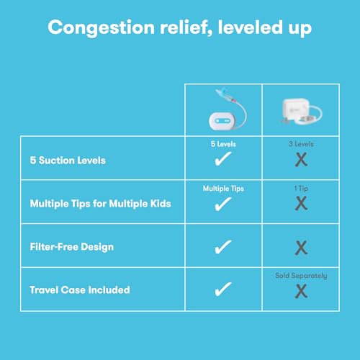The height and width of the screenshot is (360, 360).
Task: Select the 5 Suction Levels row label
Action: (x=68, y=160)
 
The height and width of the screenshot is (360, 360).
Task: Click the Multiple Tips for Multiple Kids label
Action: (x=99, y=204)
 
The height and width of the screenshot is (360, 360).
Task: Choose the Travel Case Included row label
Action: (x=80, y=289)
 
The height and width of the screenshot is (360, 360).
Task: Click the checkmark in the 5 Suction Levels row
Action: (x=223, y=161)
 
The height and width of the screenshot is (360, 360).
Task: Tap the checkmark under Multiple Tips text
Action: (x=223, y=205)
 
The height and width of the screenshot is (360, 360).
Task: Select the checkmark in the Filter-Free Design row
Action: (x=223, y=248)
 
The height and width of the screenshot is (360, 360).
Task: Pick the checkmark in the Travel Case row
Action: (x=223, y=289)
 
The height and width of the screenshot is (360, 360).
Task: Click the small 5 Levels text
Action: (x=223, y=144)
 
